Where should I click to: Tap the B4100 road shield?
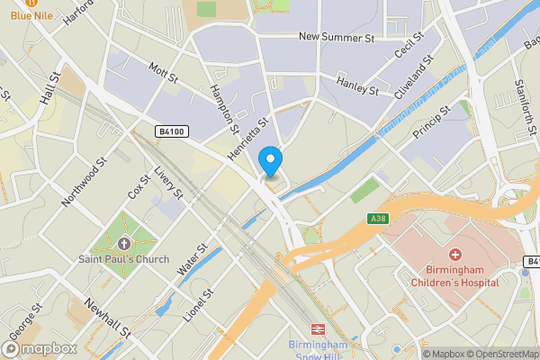point(171,131)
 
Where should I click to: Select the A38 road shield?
point(379,218)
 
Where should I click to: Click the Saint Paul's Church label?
point(123,261)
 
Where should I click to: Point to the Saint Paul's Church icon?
point(123,243)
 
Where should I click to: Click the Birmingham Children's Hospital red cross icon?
point(455,256)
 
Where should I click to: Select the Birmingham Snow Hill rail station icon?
point(318,329)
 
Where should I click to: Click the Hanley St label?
point(356,86)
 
